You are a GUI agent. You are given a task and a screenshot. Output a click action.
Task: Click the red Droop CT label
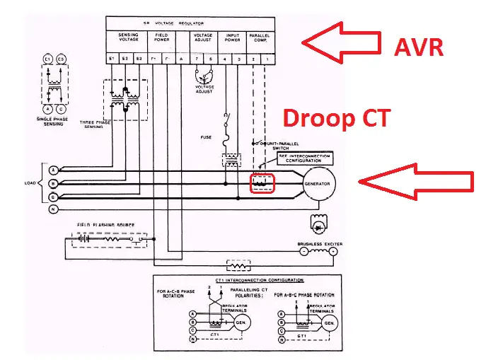pyautogui.click(x=337, y=117)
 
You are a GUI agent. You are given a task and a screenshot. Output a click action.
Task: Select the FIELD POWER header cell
pyautogui.click(x=161, y=37)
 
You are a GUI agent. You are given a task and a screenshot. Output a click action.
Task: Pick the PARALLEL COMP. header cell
pyautogui.click(x=260, y=37)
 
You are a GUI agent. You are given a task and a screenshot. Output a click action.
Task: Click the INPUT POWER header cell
pyautogui.click(x=232, y=37)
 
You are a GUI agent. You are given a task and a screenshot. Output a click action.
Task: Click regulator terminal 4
pyautogui.click(x=225, y=59)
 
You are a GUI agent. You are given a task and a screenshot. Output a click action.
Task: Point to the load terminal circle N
pyautogui.click(x=52, y=209)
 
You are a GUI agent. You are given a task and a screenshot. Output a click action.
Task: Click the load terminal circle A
pyautogui.click(x=52, y=170)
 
